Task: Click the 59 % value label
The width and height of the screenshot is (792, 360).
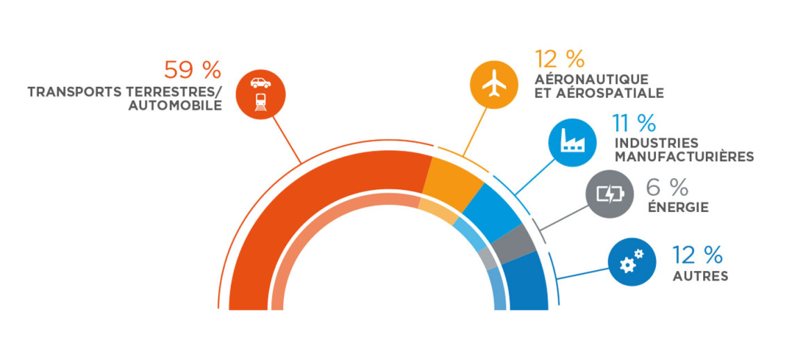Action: click(192, 71)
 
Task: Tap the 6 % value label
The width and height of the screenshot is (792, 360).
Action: click(667, 188)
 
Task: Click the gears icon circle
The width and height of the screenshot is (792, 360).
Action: click(632, 261)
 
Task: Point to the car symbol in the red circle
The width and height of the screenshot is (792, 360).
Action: click(261, 83)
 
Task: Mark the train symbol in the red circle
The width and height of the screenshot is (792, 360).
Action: click(261, 101)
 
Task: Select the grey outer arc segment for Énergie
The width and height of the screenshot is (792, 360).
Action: click(513, 245)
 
